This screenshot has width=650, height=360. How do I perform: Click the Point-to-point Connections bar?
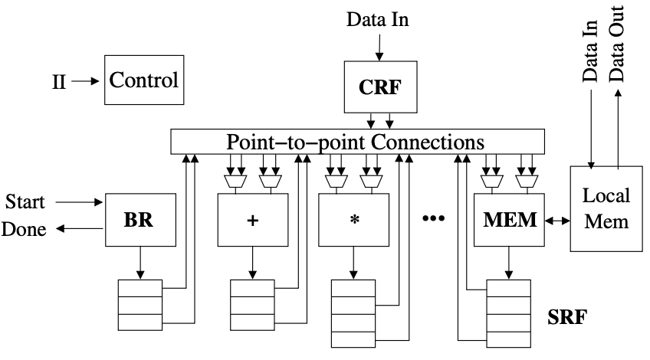[356, 142]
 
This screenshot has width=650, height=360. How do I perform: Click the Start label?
[25, 203]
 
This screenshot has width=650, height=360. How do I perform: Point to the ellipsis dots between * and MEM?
[434, 219]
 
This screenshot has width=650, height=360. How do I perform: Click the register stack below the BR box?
[140, 305]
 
